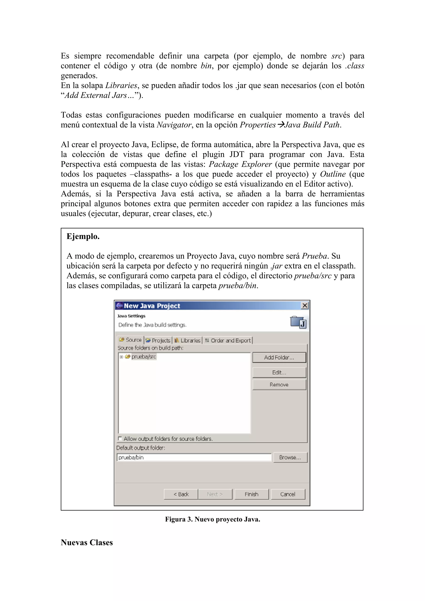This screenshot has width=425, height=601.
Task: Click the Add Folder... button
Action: click(279, 358)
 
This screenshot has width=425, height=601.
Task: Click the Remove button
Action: click(279, 385)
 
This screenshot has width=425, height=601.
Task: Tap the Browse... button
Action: click(290, 457)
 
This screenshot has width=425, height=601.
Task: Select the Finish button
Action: click(251, 494)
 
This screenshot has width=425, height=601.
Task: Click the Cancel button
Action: click(288, 494)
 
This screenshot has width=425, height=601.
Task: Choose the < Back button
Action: click(181, 494)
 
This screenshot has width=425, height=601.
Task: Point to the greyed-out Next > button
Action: click(215, 494)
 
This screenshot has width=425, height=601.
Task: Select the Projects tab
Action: click(158, 340)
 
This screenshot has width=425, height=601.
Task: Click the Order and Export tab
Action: click(228, 340)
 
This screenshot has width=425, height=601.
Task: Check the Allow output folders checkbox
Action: click(120, 438)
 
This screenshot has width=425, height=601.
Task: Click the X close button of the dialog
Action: click(305, 305)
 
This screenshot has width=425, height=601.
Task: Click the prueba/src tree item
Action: click(143, 356)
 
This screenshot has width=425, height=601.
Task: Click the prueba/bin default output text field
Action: click(194, 457)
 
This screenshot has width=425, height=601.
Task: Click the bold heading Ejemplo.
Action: click(83, 236)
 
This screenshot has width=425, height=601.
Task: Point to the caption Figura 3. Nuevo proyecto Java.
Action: click(212, 519)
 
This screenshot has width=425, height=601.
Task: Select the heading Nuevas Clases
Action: click(87, 542)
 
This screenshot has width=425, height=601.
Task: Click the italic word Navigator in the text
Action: click(174, 125)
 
